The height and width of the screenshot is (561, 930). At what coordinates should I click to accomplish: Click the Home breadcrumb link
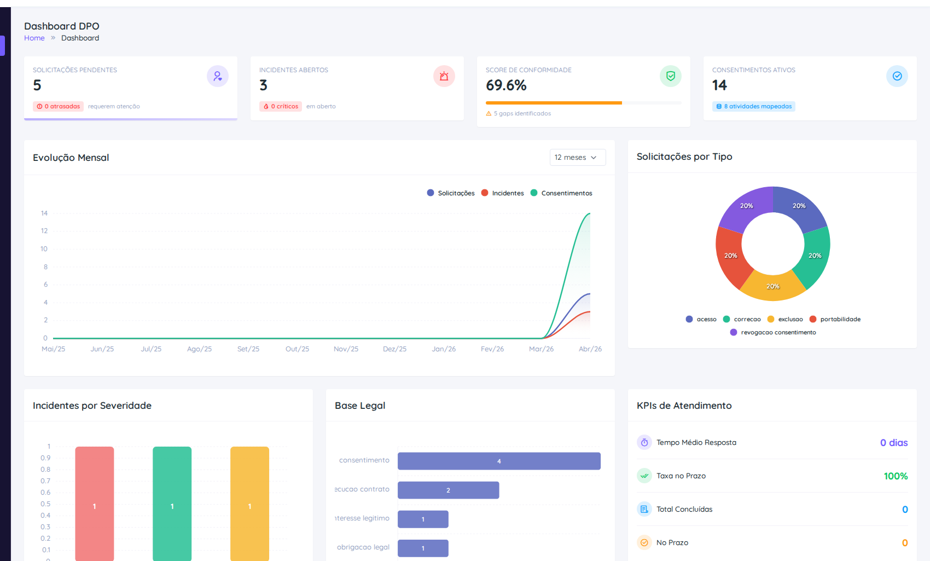click(x=34, y=38)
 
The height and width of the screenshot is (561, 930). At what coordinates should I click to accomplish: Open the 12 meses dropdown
click(x=577, y=157)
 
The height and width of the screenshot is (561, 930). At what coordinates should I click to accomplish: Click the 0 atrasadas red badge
click(x=58, y=106)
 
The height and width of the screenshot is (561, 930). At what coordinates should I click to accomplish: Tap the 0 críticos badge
click(x=281, y=106)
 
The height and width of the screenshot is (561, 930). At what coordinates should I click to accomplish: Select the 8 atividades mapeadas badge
click(x=754, y=106)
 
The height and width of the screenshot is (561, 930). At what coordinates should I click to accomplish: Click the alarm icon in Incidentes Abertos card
click(x=444, y=76)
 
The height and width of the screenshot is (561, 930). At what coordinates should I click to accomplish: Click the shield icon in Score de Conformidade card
click(x=670, y=76)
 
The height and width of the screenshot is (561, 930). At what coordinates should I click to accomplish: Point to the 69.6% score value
click(x=506, y=85)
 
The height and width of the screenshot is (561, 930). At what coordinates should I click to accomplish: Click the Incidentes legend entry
click(x=503, y=193)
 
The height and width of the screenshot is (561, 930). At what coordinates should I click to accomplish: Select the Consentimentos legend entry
click(x=562, y=193)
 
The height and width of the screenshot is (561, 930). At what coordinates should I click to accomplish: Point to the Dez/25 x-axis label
click(x=394, y=349)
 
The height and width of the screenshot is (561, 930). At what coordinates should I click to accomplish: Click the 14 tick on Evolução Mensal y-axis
click(x=44, y=213)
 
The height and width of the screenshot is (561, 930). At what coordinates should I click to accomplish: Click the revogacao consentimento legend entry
click(x=773, y=332)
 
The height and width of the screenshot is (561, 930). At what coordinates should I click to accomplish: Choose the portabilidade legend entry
click(x=835, y=319)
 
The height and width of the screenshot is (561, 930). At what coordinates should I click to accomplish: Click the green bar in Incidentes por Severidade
click(x=172, y=504)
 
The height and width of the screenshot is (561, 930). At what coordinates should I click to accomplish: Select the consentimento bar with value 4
click(x=498, y=461)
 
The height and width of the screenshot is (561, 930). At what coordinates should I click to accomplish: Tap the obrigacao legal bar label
click(x=363, y=547)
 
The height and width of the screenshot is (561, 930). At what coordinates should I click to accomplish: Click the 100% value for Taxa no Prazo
click(x=896, y=476)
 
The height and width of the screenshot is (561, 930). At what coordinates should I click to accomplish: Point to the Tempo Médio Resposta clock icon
click(x=644, y=442)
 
